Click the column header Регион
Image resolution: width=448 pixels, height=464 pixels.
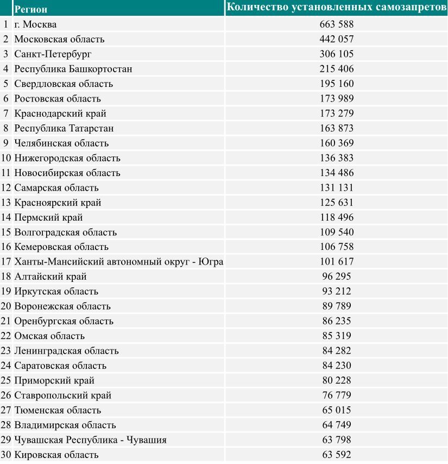(x=31, y=9)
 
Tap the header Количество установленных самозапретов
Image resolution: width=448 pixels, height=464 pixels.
(x=337, y=7)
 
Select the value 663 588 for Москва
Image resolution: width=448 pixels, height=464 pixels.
(x=337, y=24)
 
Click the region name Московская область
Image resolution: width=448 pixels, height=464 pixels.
(x=59, y=39)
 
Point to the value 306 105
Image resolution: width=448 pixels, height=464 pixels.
(x=337, y=54)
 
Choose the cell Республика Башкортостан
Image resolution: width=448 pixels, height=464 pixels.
(x=73, y=69)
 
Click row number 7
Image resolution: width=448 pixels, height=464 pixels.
(x=6, y=114)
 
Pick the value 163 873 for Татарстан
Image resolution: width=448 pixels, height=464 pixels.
(x=337, y=128)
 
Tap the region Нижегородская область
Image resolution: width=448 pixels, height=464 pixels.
(x=67, y=158)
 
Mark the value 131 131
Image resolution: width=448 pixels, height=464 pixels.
(x=337, y=187)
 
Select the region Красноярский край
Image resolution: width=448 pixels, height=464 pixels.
(x=58, y=203)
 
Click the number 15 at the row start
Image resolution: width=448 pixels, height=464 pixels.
(x=6, y=232)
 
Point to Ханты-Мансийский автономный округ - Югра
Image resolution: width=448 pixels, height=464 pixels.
(x=119, y=262)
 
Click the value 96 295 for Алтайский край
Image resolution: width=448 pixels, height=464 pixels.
(x=337, y=277)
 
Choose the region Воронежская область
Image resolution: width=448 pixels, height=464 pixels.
(x=62, y=306)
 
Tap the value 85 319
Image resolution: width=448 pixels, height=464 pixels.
(x=337, y=336)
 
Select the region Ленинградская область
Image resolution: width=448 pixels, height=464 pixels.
(x=66, y=351)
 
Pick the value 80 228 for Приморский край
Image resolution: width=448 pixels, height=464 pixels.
(x=337, y=380)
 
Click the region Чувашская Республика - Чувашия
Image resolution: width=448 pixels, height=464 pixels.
(x=90, y=440)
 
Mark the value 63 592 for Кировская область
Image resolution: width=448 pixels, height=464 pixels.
(x=337, y=455)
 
